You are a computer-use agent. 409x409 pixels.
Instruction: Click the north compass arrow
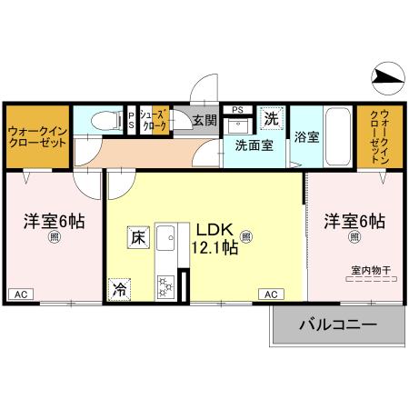[x=388, y=79]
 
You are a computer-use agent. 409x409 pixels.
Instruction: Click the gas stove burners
[x=167, y=285]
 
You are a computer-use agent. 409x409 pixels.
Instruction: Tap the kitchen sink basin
[x=166, y=240]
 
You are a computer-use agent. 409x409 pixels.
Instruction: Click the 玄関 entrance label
[x=204, y=121]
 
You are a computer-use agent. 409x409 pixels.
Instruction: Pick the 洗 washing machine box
[x=271, y=118]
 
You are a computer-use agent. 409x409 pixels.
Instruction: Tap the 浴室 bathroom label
[x=306, y=138]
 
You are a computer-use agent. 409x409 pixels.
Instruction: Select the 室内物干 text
[x=370, y=270]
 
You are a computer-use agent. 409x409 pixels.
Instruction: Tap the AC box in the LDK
[x=271, y=294]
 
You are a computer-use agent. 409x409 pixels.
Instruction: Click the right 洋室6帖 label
[x=354, y=221]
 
